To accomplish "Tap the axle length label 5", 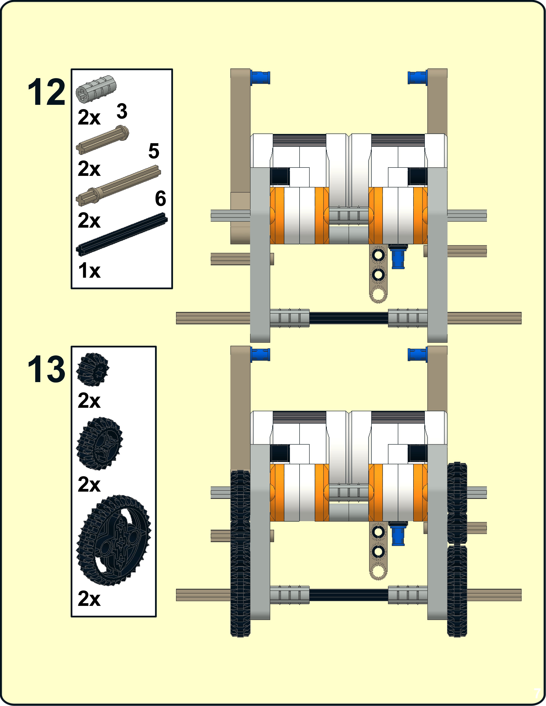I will (x=154, y=151).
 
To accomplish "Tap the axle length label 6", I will (x=160, y=199).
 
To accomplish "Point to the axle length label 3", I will (x=122, y=111).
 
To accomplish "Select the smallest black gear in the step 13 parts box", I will (x=92, y=369).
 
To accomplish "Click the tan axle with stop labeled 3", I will (x=102, y=140).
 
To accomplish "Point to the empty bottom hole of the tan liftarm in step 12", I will (x=378, y=294).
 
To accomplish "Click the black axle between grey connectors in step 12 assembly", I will (x=348, y=318).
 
